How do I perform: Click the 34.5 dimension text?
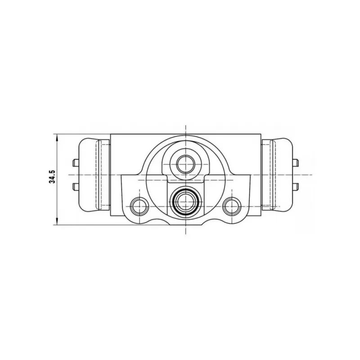(52, 176)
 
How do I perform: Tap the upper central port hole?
(185, 164)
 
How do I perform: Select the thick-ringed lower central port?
(185, 202)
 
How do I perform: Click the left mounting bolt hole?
(139, 206)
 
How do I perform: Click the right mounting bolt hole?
(232, 206)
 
